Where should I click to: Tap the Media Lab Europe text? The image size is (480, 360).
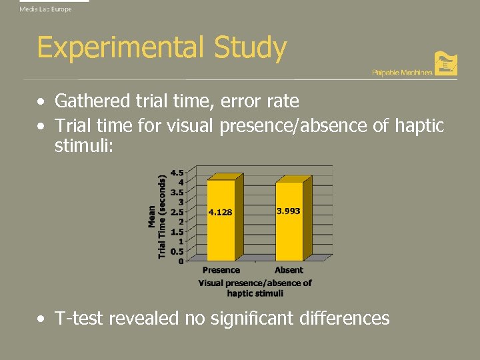pos(45,9)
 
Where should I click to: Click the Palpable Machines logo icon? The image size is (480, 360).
pos(445,63)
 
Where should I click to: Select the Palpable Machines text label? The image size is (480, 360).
pos(401,72)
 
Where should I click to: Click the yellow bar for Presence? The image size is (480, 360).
pos(221,227)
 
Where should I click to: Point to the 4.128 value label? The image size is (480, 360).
pos(220,213)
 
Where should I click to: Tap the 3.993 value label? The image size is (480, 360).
pos(288,211)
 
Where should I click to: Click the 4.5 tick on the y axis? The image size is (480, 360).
pos(178,172)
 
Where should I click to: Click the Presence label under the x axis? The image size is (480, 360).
pos(221,270)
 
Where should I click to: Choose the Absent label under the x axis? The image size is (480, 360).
pos(289,270)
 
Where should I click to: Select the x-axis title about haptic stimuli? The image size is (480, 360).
pos(255,288)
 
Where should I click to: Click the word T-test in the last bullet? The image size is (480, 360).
pos(79,319)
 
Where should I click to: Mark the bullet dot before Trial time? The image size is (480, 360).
pos(41,126)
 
